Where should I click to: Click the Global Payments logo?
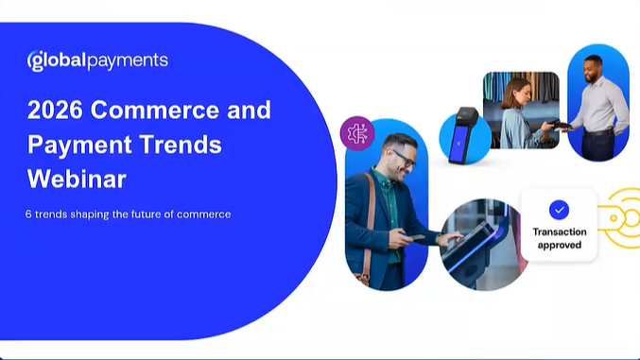click(97, 60)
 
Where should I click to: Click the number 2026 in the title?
click(57, 110)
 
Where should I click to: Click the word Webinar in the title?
click(77, 180)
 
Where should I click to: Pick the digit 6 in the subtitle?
click(29, 214)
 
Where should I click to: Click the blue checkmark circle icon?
click(559, 210)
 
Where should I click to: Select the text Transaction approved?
click(559, 238)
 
